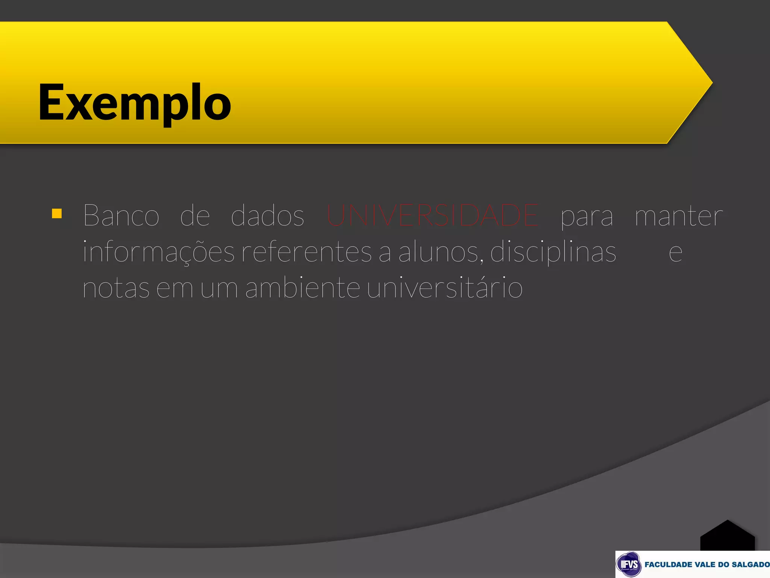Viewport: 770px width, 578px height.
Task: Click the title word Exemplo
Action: point(135,103)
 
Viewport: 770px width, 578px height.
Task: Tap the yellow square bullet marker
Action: point(57,214)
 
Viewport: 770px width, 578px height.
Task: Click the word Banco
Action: point(121,216)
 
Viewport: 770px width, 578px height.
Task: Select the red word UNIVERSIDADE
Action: point(432,216)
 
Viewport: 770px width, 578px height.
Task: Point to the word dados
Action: point(267,216)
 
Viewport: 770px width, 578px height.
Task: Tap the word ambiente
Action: point(303,287)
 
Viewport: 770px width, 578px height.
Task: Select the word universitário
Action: point(444,287)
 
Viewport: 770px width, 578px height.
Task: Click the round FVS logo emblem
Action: point(629,564)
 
